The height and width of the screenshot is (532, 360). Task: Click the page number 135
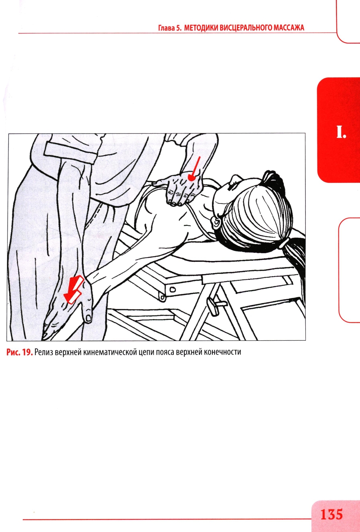pyautogui.click(x=332, y=514)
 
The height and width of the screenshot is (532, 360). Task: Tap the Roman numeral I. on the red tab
pyautogui.click(x=341, y=132)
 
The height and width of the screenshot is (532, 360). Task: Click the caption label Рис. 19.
pyautogui.click(x=20, y=352)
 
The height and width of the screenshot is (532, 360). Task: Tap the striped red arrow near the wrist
pyautogui.click(x=73, y=290)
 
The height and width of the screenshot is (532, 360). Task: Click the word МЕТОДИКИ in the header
pyautogui.click(x=201, y=28)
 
